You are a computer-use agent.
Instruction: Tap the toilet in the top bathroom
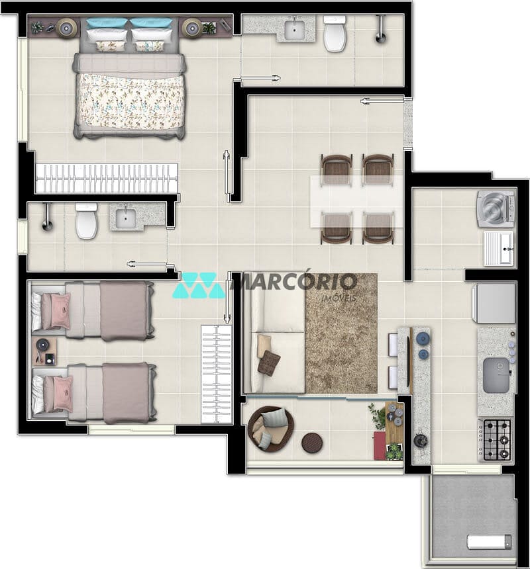335,33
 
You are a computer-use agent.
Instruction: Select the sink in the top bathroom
294,30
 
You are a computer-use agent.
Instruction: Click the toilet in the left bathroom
86,221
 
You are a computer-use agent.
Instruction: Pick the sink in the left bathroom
126,216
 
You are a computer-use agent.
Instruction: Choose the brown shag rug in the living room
341,333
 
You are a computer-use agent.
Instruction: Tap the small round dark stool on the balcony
311,441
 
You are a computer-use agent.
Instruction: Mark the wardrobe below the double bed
107,178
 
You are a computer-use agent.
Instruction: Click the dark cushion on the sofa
270,361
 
